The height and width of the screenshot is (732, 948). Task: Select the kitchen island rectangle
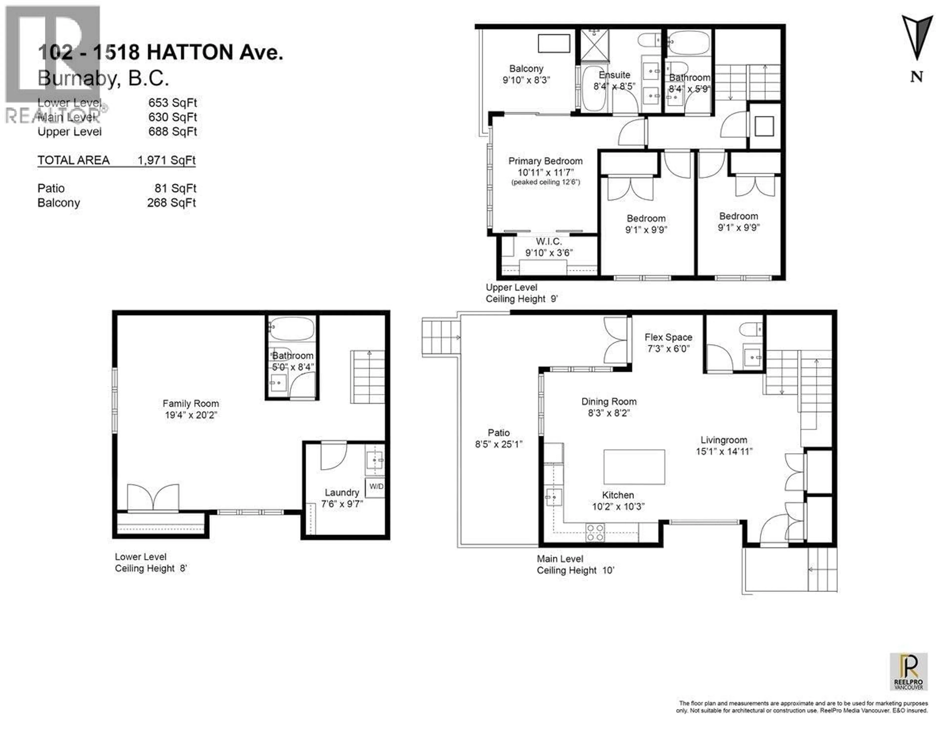(634, 467)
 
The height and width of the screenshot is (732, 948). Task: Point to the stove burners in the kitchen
(595, 532)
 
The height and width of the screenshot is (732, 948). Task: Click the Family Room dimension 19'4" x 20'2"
(191, 415)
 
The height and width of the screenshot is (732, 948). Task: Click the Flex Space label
(668, 337)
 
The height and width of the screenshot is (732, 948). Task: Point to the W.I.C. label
(549, 242)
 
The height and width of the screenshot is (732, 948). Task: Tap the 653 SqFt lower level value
(172, 103)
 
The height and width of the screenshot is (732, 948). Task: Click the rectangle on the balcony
(554, 43)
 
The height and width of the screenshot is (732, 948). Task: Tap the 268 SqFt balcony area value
(172, 203)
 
